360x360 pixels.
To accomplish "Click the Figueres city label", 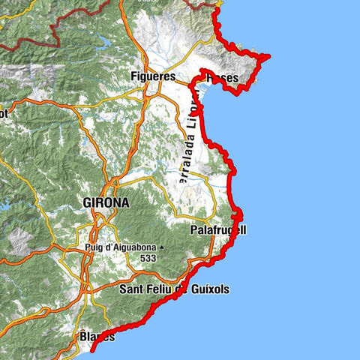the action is point(153,76).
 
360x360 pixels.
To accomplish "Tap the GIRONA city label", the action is point(106,202).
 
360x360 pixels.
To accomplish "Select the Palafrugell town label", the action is point(218,229).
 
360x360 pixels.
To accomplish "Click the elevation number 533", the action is point(147,257).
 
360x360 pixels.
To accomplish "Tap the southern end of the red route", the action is point(91,349).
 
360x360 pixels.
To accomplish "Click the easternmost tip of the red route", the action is point(268,55).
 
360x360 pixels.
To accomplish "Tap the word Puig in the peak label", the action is point(94,246).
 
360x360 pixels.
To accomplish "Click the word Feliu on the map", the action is point(158,289).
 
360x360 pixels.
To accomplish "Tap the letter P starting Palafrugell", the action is point(194,229).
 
